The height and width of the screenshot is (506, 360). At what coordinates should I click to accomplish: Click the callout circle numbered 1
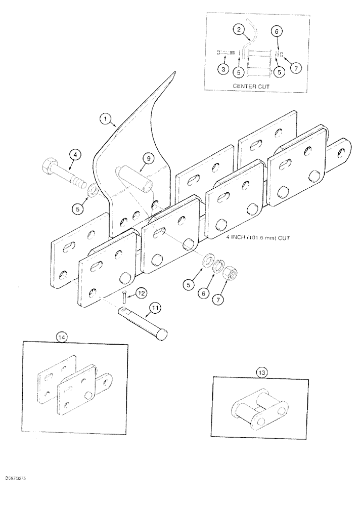tap(106, 119)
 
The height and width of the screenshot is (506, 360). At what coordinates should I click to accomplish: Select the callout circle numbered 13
tap(261, 372)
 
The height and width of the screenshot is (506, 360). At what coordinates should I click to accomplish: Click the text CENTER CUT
tap(251, 87)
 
